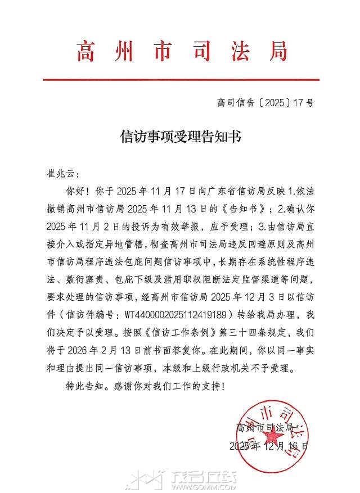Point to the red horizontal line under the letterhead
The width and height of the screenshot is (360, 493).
click(181, 80)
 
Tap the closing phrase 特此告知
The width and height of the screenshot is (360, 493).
click(84, 387)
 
